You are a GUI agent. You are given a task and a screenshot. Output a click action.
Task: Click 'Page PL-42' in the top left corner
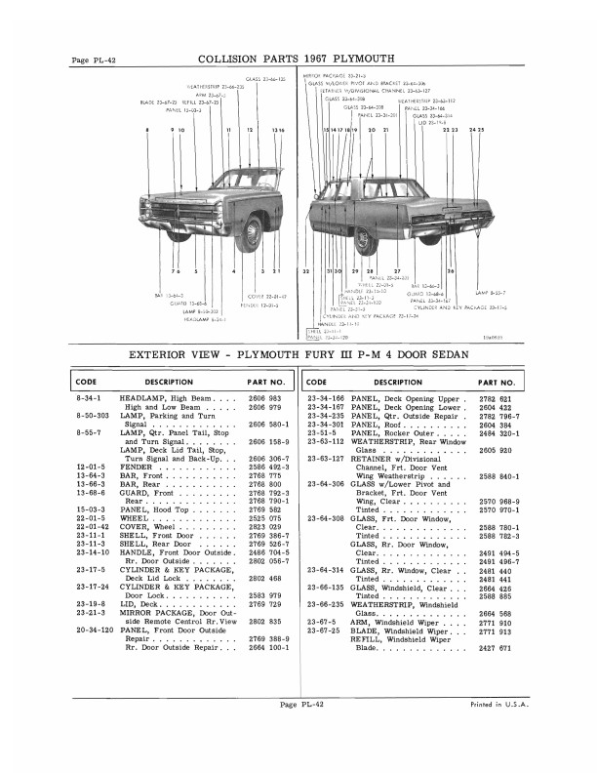click(95, 61)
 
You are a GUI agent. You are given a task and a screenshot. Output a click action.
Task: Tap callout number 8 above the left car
click(146, 130)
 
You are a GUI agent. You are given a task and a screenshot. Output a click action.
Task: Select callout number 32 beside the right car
click(306, 270)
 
